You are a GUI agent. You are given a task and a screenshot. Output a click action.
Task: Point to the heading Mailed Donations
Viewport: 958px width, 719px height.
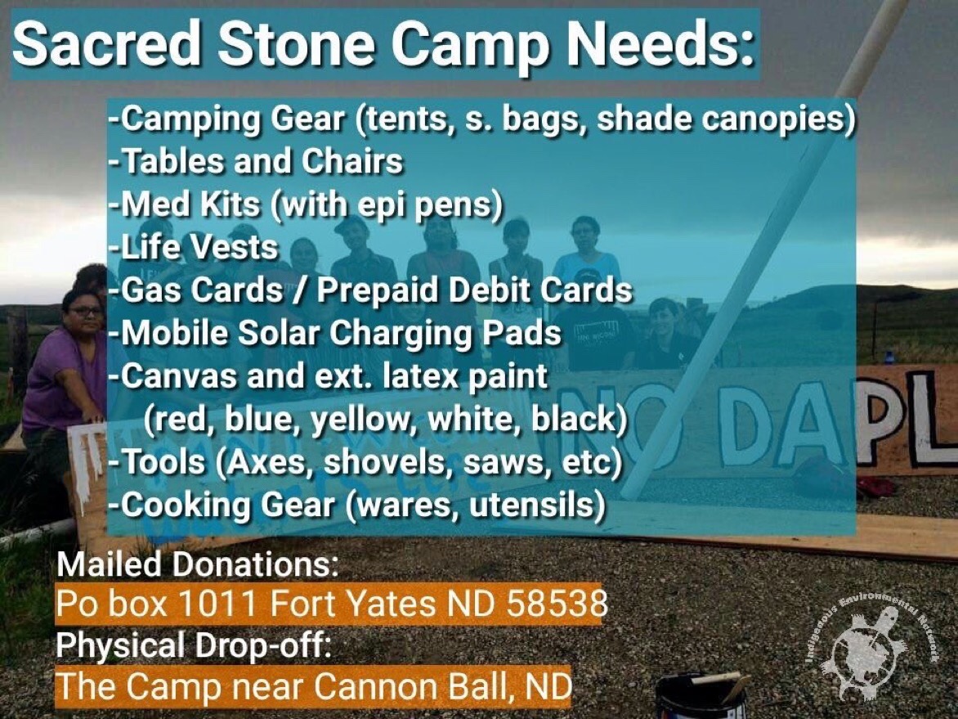tap(197, 564)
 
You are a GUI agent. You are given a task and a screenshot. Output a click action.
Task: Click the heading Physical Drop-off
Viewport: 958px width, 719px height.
tap(193, 645)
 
